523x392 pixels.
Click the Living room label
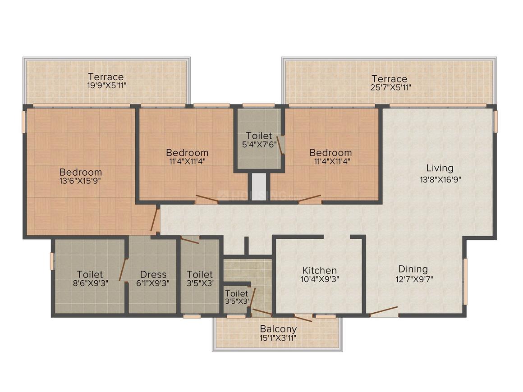click(x=440, y=169)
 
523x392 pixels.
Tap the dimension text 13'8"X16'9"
click(x=440, y=180)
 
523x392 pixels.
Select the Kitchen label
click(x=320, y=270)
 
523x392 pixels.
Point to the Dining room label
click(x=413, y=269)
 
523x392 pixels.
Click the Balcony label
click(x=278, y=329)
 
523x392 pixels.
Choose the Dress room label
click(x=153, y=274)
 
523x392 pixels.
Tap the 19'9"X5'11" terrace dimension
click(x=107, y=85)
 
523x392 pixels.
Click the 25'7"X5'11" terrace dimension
click(x=390, y=87)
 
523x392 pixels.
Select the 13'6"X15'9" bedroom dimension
click(x=80, y=181)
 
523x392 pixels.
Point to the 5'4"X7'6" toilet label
click(x=259, y=136)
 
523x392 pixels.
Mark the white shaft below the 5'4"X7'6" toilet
click(x=259, y=187)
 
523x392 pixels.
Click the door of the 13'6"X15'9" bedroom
click(x=155, y=220)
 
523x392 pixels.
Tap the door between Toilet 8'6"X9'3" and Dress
click(x=123, y=269)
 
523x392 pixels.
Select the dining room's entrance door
click(x=384, y=310)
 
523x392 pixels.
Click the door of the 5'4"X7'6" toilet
click(x=280, y=146)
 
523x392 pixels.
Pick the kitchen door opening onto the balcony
click(x=303, y=318)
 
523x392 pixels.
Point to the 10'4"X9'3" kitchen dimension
click(x=320, y=279)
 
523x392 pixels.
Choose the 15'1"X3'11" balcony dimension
click(x=278, y=337)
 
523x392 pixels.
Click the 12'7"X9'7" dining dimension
click(x=414, y=279)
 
